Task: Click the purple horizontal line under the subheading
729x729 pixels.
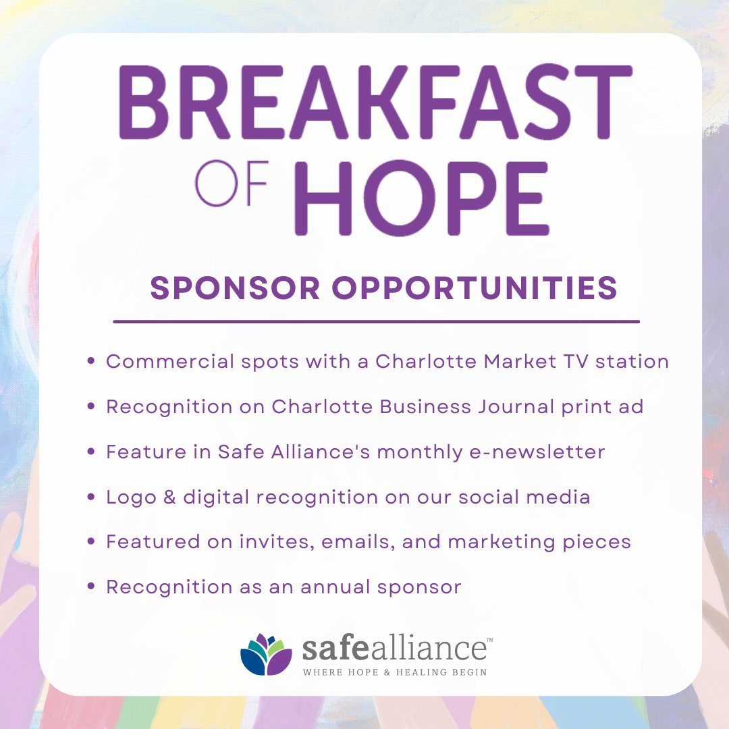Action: click(x=376, y=322)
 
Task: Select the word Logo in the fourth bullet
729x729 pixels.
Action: click(x=126, y=498)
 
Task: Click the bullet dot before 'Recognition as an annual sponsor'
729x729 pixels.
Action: click(x=91, y=587)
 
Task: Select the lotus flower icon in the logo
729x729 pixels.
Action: click(x=266, y=654)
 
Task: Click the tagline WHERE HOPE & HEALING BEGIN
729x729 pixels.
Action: click(x=395, y=672)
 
